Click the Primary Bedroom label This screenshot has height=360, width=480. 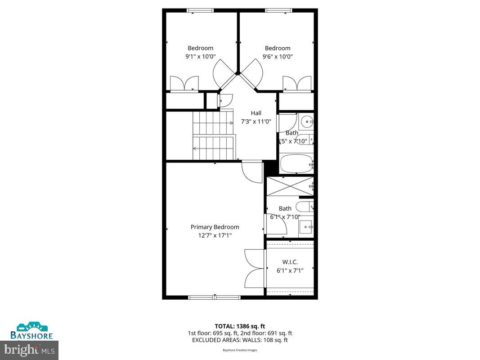click(215, 227)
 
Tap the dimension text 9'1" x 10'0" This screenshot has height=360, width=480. click(201, 57)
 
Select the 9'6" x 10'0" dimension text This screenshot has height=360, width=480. click(278, 57)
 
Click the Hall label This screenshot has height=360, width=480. click(256, 113)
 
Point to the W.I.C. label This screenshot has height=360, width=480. click(290, 262)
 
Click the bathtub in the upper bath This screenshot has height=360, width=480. click(296, 164)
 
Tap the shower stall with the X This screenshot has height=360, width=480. click(290, 186)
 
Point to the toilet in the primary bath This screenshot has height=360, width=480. click(305, 207)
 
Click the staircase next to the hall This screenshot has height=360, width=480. click(213, 135)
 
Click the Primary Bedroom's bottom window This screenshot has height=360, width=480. click(214, 297)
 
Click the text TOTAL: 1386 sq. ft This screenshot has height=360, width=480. click(240, 326)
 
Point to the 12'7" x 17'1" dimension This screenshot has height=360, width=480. click(214, 235)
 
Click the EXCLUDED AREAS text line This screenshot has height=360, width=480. click(240, 340)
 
